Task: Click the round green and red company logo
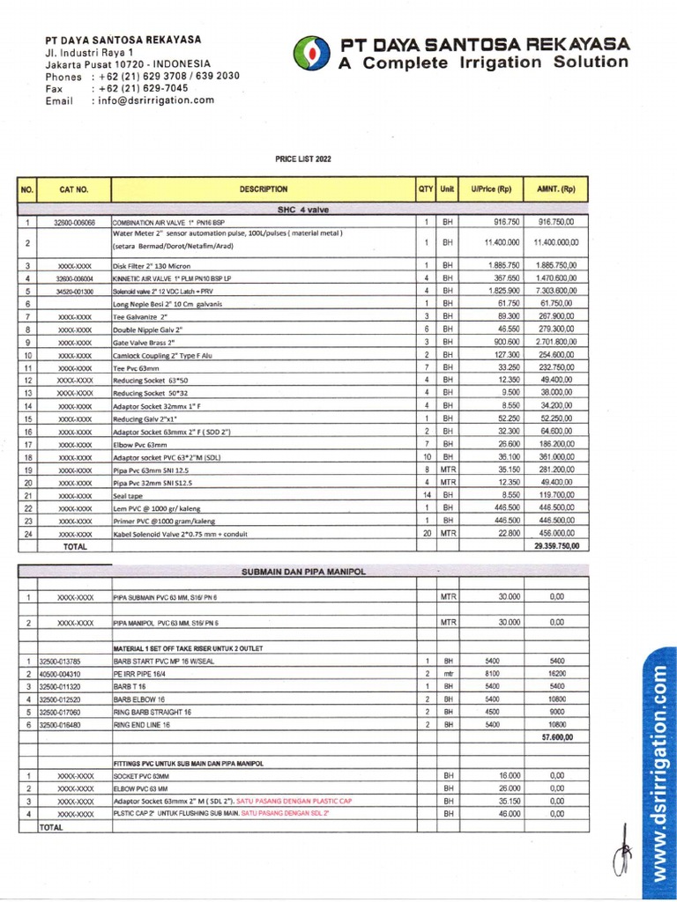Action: coord(309,53)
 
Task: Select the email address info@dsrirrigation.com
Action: coord(153,100)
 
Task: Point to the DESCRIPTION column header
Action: coord(263,189)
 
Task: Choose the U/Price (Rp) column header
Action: coord(491,189)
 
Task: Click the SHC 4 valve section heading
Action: coord(302,210)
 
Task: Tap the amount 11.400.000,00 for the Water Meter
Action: coord(555,241)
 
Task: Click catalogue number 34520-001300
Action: coord(74,291)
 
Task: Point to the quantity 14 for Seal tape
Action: coord(425,495)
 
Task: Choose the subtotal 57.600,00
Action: coord(556,736)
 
